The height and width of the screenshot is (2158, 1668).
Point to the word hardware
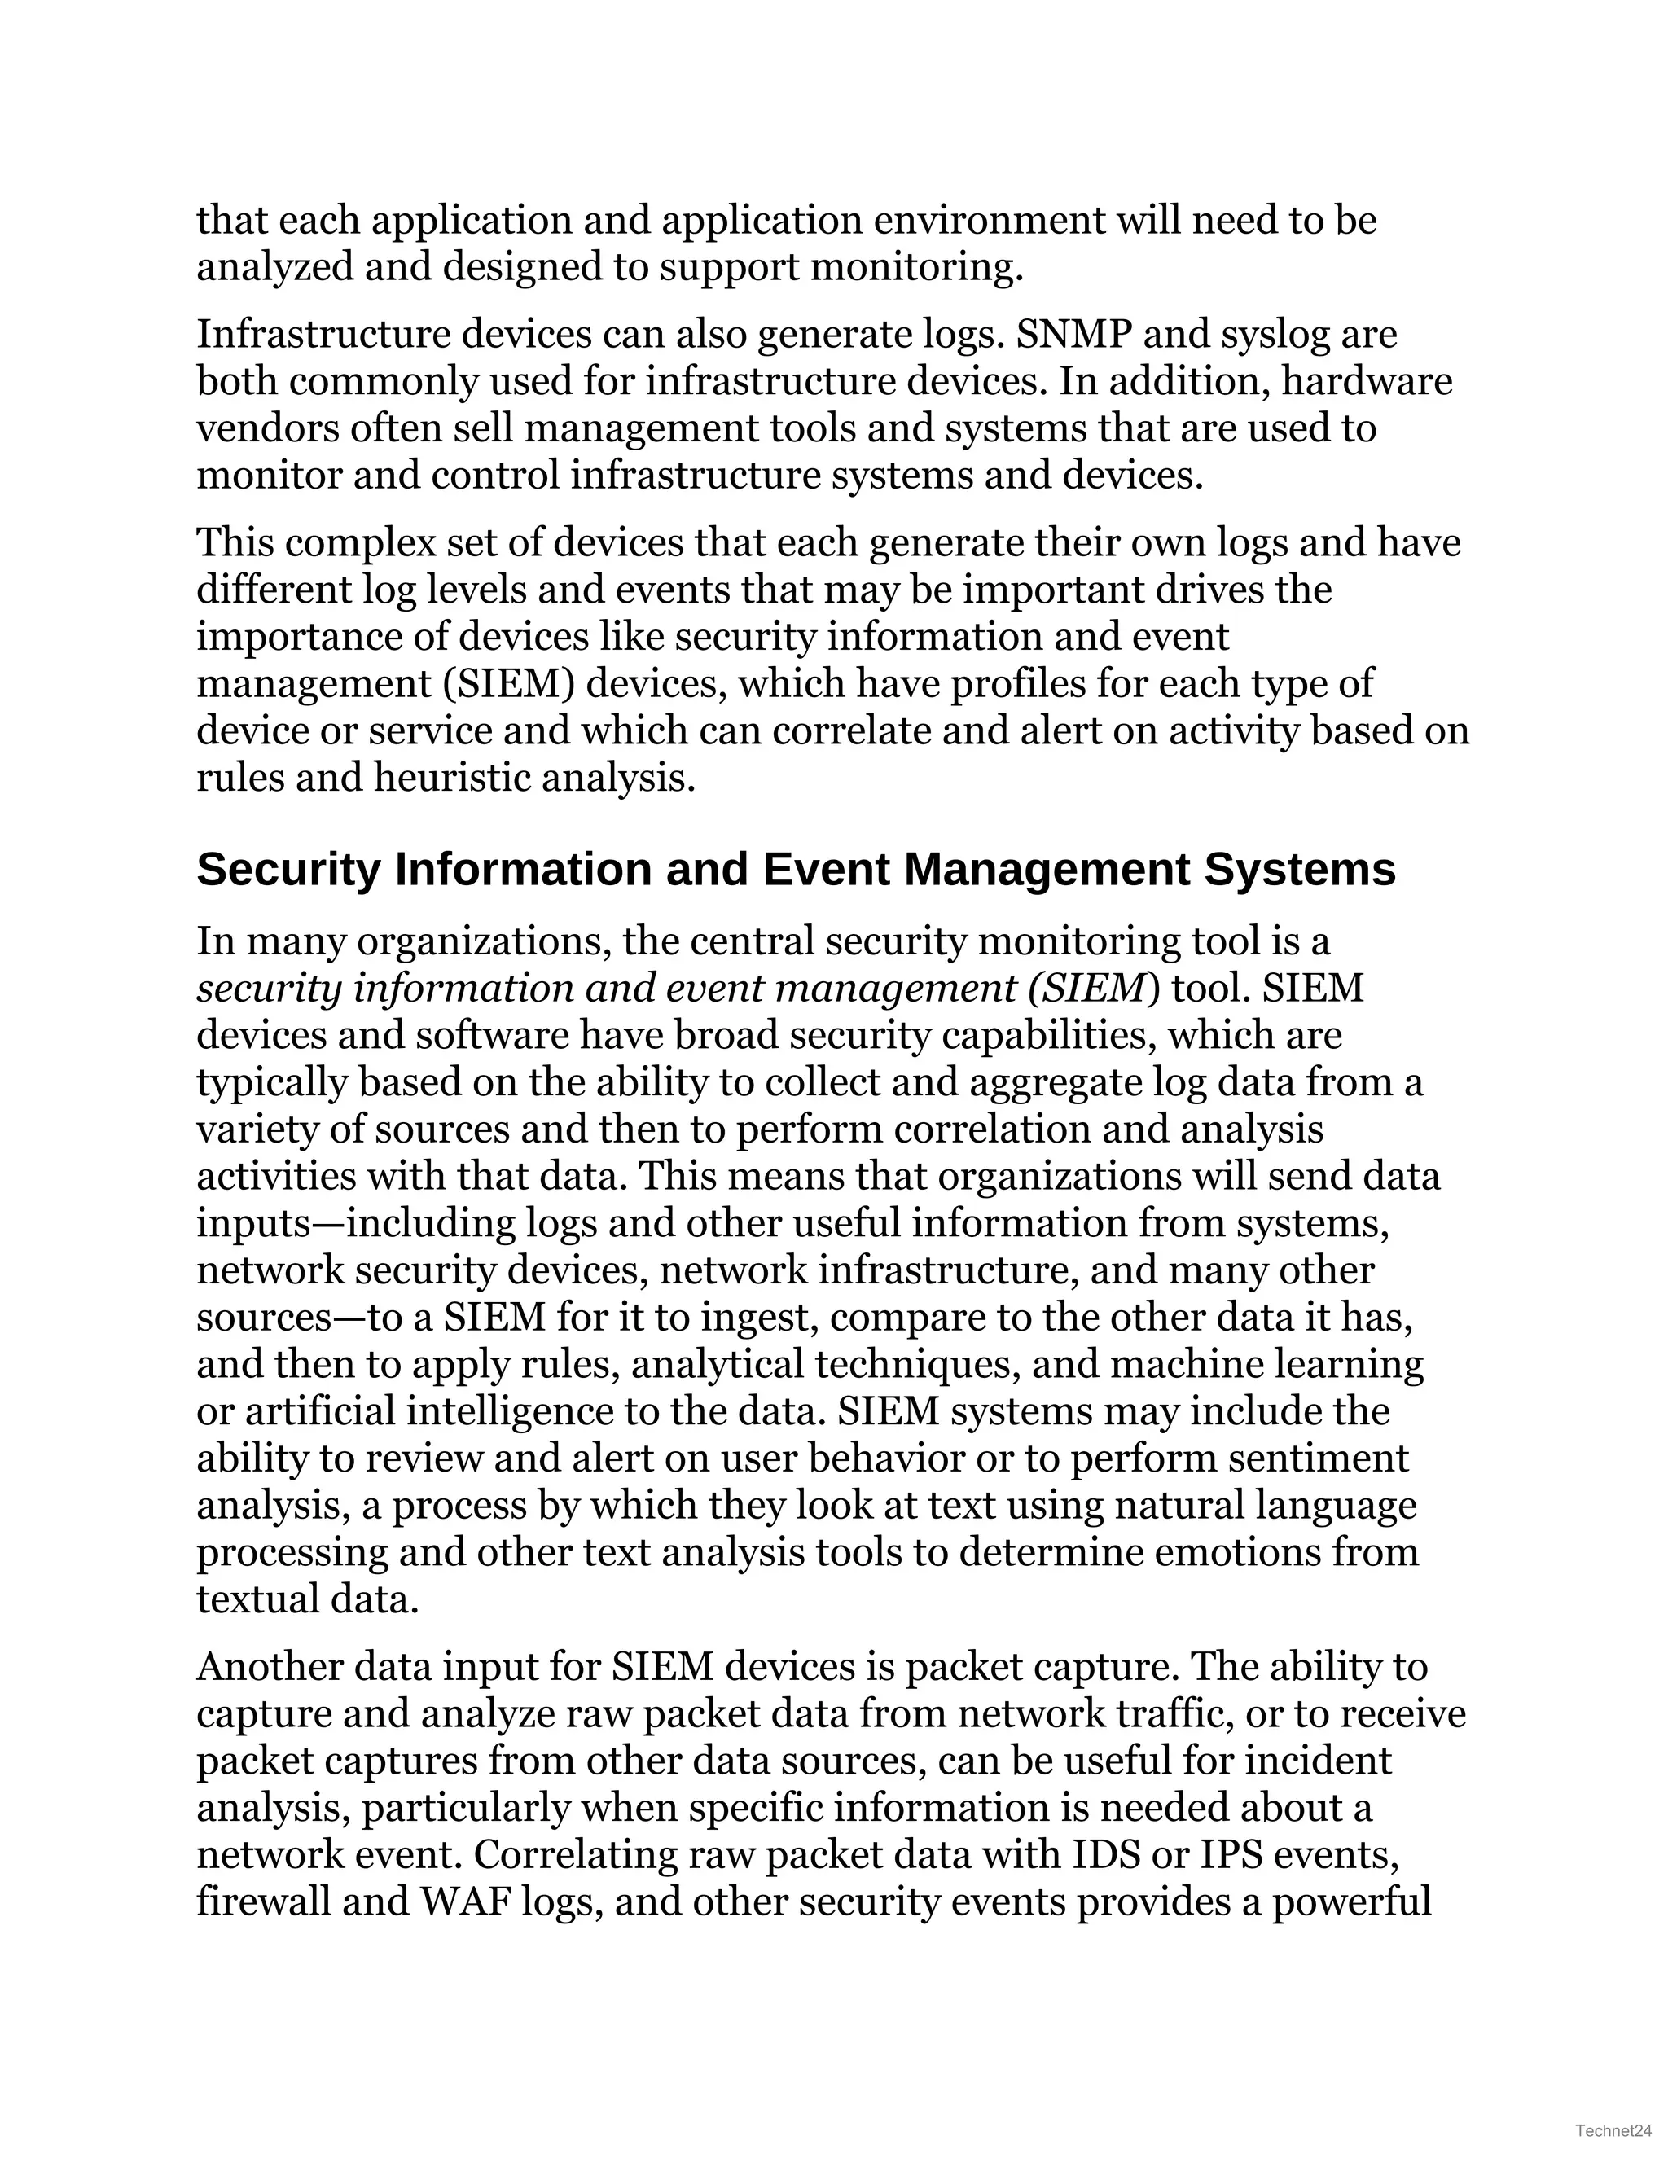(x=1367, y=381)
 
